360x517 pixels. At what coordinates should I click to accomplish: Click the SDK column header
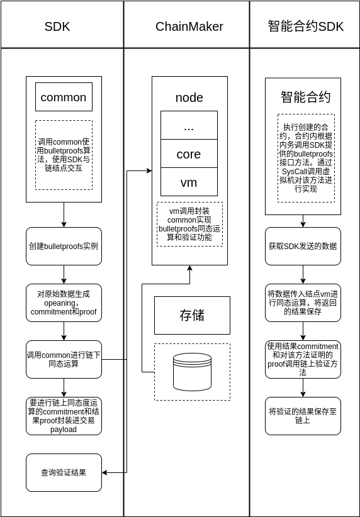coord(57,26)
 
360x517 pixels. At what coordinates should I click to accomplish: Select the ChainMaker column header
coord(189,26)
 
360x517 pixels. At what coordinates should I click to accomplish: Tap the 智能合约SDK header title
coord(306,26)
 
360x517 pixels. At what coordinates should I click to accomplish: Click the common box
coord(64,97)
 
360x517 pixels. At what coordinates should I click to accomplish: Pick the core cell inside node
coord(189,153)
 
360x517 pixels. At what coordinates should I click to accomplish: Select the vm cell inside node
coord(189,182)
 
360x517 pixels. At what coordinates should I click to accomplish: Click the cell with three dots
coord(189,125)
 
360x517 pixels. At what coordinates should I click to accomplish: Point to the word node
coord(189,97)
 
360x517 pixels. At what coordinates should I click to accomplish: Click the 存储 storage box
coord(193,316)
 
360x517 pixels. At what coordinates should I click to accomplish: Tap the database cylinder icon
coord(193,372)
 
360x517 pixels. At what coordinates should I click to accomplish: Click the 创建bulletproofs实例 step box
coord(64,247)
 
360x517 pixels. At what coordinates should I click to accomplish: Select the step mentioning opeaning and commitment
coord(64,303)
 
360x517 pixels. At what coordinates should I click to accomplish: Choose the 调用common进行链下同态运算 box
coord(64,359)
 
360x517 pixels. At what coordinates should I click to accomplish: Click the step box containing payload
coord(64,416)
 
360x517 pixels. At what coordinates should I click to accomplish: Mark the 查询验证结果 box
coord(64,472)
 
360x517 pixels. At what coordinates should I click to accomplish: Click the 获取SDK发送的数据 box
coord(303,247)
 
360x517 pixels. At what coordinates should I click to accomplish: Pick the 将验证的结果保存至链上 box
coord(303,416)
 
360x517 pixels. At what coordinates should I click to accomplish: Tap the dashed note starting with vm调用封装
coord(189,224)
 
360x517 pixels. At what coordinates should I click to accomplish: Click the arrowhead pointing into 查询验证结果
coord(104,472)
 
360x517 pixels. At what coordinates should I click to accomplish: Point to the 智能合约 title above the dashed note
coord(306,97)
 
